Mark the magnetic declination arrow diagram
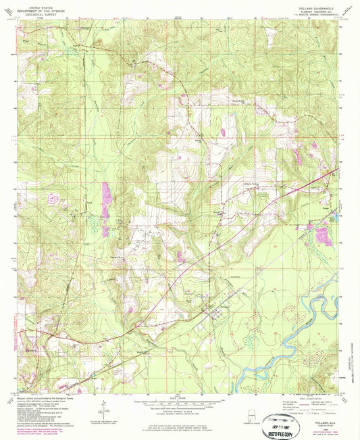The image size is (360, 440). tap(103, 407)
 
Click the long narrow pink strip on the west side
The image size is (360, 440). tap(105, 200)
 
